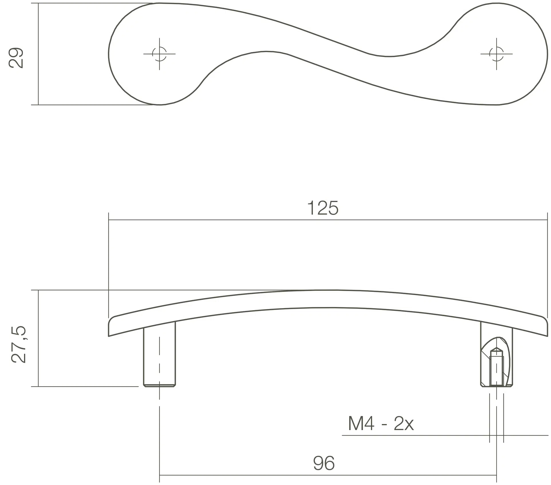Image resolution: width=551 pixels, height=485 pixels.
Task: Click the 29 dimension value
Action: (16, 58)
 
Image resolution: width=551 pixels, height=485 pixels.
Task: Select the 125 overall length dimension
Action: (323, 208)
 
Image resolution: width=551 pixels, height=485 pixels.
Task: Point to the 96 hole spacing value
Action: (324, 463)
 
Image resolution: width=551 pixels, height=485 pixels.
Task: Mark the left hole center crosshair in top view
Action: (159, 54)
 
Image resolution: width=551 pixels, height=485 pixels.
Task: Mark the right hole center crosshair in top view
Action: (496, 54)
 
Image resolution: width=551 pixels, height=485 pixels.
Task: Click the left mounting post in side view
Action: (159, 354)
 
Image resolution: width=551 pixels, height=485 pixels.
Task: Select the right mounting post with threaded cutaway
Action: (496, 354)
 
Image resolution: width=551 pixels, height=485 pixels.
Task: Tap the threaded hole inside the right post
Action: (496, 368)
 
